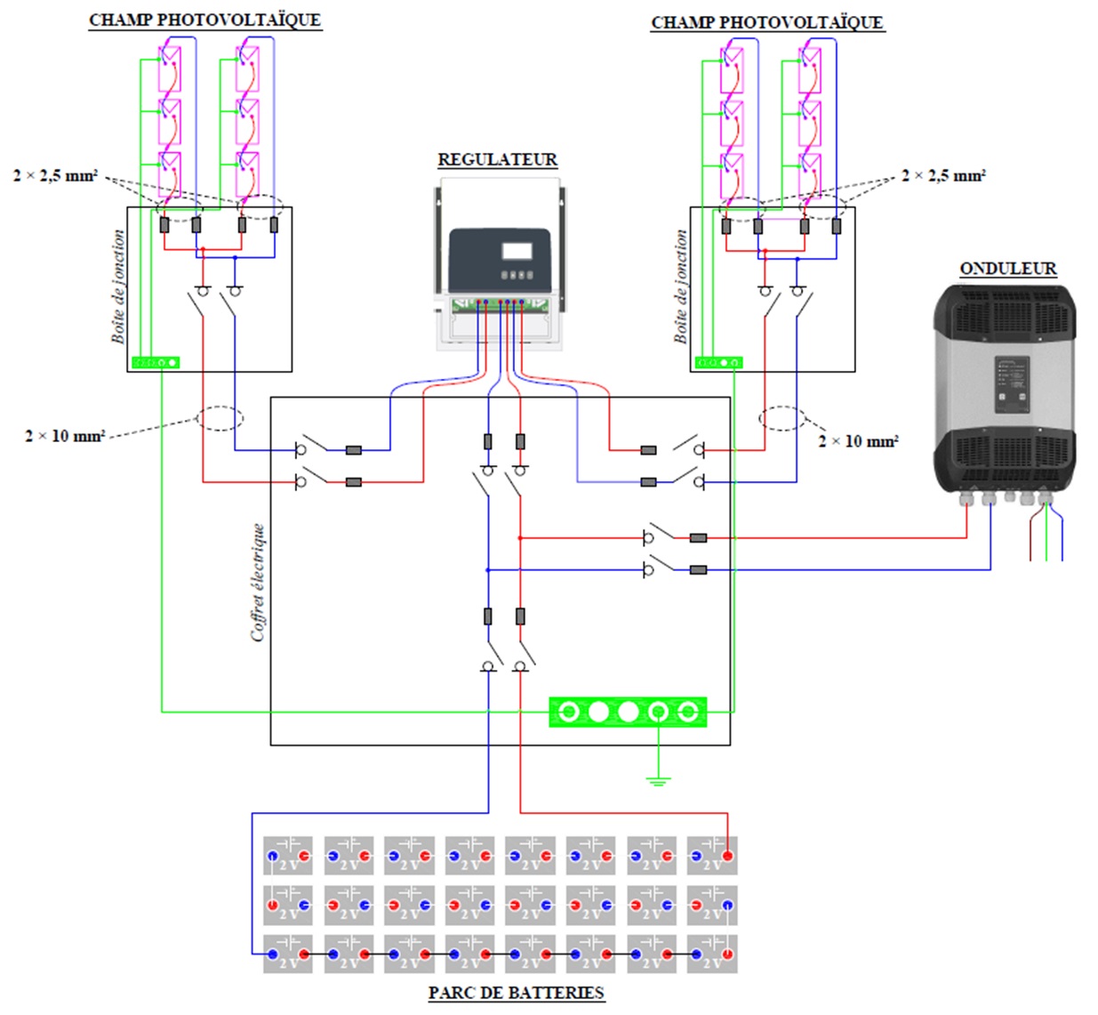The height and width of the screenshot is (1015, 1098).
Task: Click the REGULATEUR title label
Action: coord(497,160)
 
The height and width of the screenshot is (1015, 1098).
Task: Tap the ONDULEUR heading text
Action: coord(1007,269)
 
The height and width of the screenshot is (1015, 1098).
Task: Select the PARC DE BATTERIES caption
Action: coord(516,993)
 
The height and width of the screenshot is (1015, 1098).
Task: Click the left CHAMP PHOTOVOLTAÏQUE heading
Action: coord(204,20)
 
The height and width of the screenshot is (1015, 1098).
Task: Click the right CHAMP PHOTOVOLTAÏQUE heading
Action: coord(766,23)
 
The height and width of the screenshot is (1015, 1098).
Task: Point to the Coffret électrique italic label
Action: coord(258,582)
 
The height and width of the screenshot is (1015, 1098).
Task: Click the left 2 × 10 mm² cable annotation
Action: coord(65,436)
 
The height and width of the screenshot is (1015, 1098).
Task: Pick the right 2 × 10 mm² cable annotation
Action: coord(858,441)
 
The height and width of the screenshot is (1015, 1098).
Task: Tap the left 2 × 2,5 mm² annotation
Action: coord(55,175)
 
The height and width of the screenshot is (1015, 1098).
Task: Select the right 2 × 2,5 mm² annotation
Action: coord(943,175)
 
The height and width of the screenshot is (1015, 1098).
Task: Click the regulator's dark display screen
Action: coord(517,251)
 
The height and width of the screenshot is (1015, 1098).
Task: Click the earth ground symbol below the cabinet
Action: coord(657,780)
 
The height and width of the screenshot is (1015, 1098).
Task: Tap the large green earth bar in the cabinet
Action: coord(628,712)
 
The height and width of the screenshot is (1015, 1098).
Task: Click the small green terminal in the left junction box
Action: coord(156,362)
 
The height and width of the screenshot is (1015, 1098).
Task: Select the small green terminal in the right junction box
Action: coord(718,362)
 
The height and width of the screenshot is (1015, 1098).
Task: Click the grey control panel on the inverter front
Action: coord(1011,384)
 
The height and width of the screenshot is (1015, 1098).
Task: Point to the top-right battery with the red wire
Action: coord(711,856)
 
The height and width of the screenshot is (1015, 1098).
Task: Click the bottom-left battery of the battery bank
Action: coord(287,955)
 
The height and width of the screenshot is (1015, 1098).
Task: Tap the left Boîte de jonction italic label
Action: coord(118,286)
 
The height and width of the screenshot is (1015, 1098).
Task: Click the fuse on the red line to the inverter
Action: coord(698,538)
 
